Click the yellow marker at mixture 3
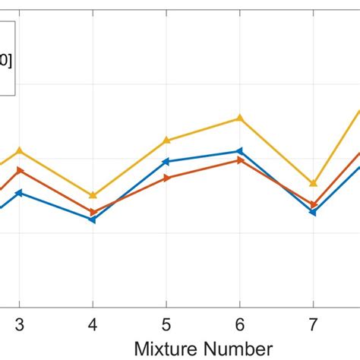[20, 150]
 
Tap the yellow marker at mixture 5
[166, 141]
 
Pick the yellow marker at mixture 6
[240, 118]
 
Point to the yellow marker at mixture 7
[313, 183]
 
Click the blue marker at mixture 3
[20, 193]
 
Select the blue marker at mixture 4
[93, 220]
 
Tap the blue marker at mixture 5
[166, 161]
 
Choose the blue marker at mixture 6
[240, 151]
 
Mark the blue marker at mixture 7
[313, 213]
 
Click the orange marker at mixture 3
[20, 170]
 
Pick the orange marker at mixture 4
[93, 212]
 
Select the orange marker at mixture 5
[166, 178]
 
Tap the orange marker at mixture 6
[240, 160]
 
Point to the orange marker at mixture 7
[313, 204]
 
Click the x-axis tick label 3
[20, 323]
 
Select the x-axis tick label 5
[166, 323]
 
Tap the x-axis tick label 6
[240, 323]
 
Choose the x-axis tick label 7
[313, 323]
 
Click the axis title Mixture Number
[203, 348]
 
